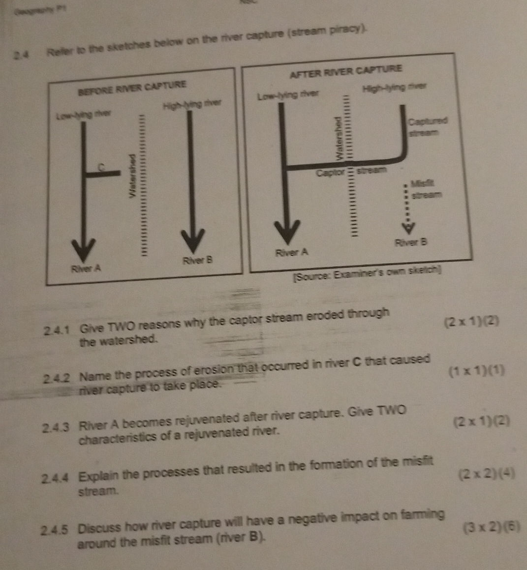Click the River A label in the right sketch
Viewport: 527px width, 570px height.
click(x=292, y=253)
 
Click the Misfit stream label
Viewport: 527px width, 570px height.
click(x=426, y=189)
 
